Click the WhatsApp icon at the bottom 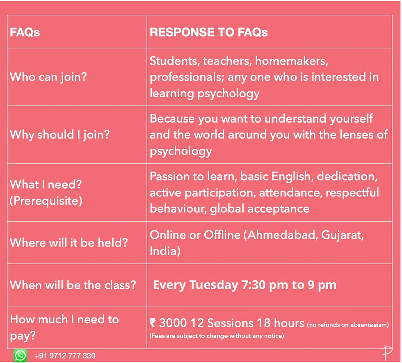point(20,356)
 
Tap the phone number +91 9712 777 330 point(65,356)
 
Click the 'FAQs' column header point(25,32)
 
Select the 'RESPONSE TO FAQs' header point(209,32)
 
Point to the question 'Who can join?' point(48,77)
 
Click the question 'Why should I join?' point(60,135)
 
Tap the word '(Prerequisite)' point(46,201)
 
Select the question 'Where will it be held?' point(69,242)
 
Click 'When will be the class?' point(73,285)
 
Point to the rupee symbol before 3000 point(153,323)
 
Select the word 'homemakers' point(292,61)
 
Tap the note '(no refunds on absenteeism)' point(348,325)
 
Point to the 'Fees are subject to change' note point(217,336)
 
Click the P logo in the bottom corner point(387,354)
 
